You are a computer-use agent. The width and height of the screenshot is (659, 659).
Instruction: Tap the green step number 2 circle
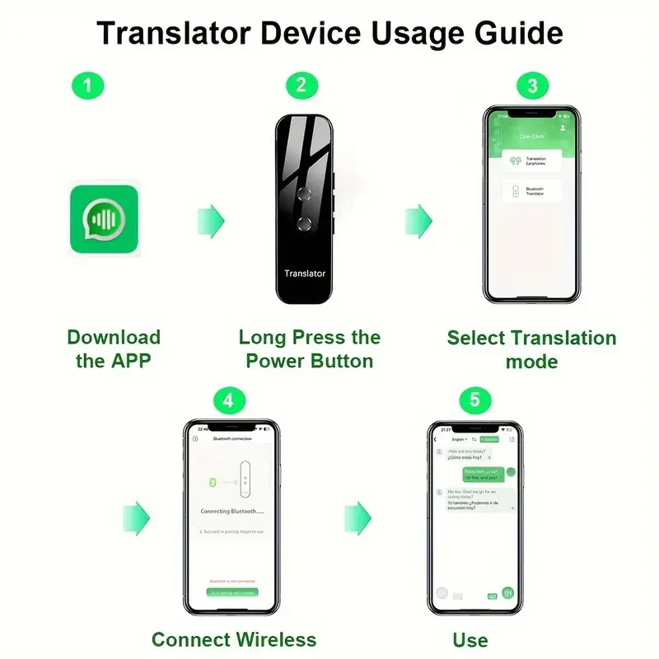pos(301,86)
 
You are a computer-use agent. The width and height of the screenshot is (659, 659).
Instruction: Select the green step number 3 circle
pos(532,86)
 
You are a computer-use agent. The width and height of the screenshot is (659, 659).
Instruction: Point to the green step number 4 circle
pos(229,401)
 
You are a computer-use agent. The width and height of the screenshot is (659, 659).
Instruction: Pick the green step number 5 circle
pos(474,401)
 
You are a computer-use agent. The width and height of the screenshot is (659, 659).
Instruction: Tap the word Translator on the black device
pos(305,273)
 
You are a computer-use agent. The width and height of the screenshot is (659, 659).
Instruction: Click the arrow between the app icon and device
pos(210,221)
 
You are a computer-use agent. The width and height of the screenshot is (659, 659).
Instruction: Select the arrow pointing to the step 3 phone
pos(418,221)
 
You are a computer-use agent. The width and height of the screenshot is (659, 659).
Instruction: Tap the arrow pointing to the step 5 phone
pos(358,517)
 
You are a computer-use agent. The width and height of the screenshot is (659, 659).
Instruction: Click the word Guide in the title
pos(518,33)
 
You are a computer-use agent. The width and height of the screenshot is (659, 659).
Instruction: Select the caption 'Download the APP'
pos(114,348)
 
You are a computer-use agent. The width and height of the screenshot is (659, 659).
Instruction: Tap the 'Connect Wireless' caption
pos(234,639)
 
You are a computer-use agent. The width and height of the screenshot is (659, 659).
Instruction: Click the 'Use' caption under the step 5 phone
pos(470,639)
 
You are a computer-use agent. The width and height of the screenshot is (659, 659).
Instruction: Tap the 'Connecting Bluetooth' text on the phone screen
pos(231,512)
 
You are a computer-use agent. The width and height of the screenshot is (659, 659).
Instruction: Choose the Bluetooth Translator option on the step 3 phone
pos(532,192)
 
